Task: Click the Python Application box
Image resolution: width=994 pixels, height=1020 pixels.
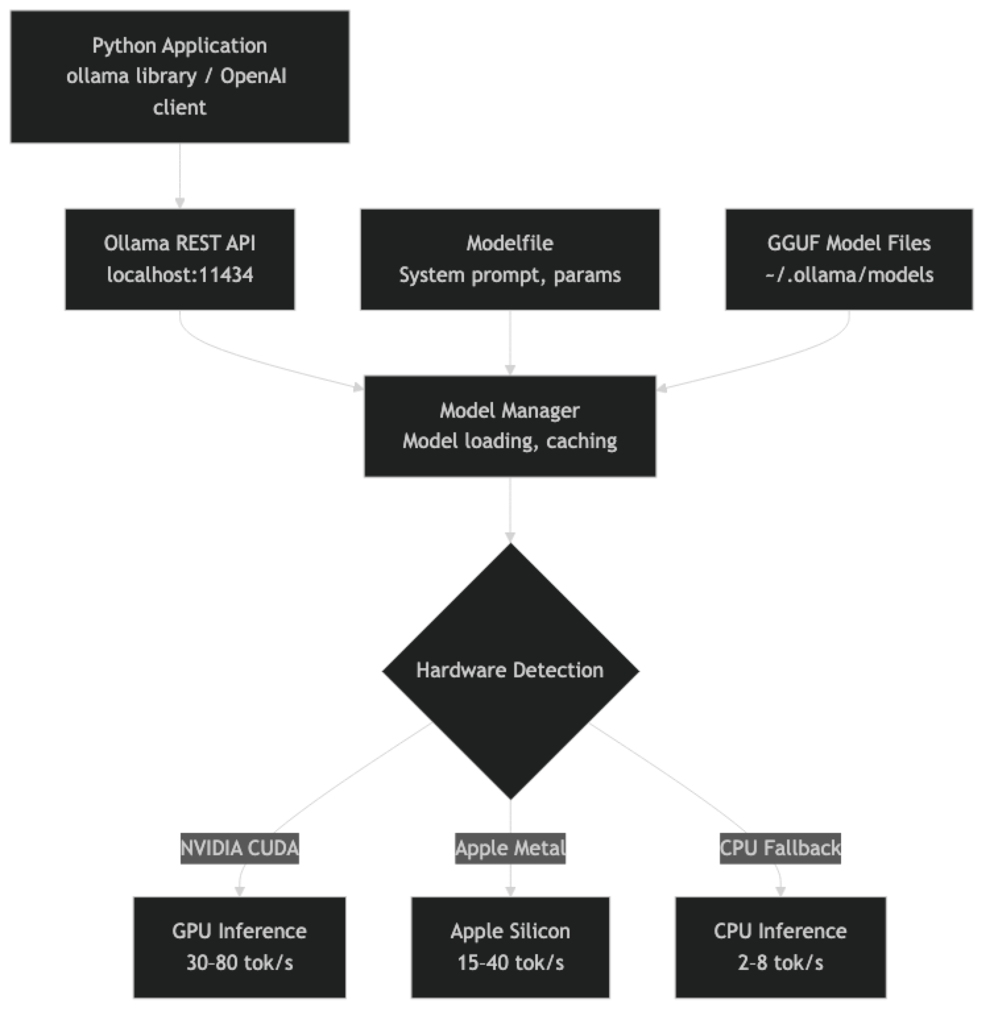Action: pos(179,76)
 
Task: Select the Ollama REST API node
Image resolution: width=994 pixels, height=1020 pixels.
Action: pos(179,258)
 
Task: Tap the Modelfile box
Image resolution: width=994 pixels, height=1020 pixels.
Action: pos(510,258)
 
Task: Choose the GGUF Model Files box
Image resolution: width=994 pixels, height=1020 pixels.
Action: pos(848,258)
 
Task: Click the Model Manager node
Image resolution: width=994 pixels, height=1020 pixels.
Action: pos(510,426)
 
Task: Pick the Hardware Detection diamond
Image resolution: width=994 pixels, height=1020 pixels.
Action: pos(510,670)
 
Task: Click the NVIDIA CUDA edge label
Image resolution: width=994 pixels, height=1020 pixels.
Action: pos(239,847)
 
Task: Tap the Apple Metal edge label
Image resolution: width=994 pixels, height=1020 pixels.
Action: pos(510,847)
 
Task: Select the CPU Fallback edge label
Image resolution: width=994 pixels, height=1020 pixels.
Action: pos(780,847)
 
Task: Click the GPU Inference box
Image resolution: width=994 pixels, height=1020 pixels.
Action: pos(239,947)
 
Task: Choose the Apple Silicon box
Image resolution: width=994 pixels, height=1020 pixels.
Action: pos(510,947)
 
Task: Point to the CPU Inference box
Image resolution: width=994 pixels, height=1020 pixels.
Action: pos(780,947)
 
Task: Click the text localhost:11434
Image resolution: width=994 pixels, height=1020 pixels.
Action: pos(180,274)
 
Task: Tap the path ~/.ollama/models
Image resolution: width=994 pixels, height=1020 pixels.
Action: pos(849,274)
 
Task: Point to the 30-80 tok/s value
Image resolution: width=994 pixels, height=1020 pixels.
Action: pos(239,963)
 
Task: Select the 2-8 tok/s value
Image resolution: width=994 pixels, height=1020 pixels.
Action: pos(780,963)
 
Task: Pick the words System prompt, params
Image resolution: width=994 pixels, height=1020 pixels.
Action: pos(510,274)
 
